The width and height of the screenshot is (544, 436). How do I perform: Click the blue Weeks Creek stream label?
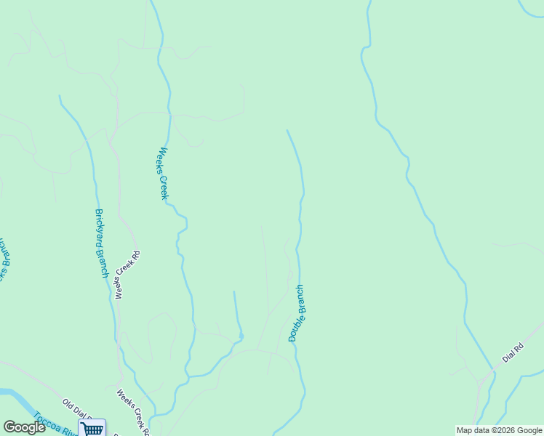tap(164, 174)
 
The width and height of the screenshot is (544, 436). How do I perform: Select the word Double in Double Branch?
tap(294, 328)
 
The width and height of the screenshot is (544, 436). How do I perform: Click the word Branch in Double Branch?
tap(299, 299)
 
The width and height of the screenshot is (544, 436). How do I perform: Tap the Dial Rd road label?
tap(513, 354)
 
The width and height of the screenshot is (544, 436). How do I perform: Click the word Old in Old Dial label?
tap(69, 403)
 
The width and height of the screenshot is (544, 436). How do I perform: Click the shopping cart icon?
tap(92, 428)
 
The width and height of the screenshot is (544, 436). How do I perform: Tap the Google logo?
tap(24, 427)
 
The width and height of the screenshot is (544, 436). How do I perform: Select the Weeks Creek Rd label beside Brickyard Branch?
tap(127, 275)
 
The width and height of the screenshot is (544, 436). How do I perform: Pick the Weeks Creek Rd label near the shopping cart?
tap(133, 412)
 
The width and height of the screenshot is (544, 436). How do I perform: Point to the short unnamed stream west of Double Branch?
tap(236, 312)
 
